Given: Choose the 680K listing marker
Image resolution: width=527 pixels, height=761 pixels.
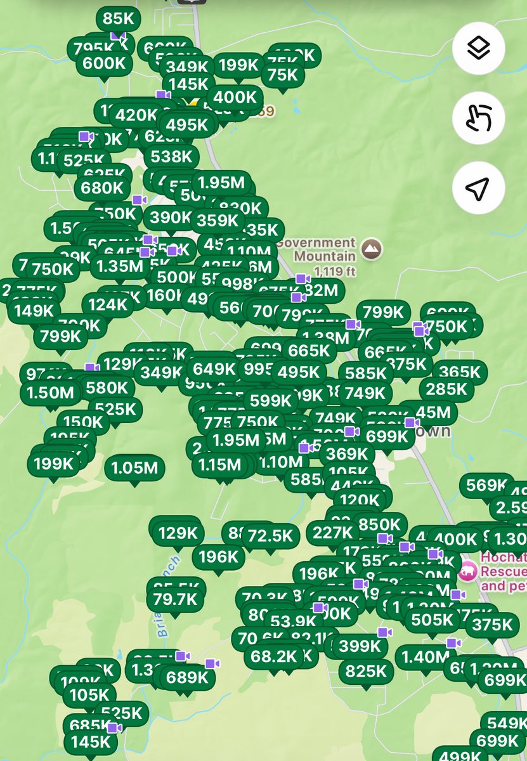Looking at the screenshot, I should coord(102,188).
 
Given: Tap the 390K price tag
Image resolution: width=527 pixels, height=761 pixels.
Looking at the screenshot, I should coord(169,218).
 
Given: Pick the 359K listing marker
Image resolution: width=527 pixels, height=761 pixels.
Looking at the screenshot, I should coord(217,220).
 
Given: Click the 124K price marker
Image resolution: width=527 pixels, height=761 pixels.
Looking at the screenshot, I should coord(108,304).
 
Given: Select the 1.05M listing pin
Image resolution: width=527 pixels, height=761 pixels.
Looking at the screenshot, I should coord(134,468).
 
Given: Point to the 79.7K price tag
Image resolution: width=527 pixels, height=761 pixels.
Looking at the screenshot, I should coord(174,599).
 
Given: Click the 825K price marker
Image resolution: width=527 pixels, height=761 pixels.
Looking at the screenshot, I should coord(365,670).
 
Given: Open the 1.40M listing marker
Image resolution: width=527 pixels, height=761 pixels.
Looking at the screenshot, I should coord(425,658).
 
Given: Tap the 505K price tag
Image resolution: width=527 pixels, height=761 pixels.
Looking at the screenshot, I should coord(431,619).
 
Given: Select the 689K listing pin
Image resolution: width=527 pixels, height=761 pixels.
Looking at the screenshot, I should coord(187,677).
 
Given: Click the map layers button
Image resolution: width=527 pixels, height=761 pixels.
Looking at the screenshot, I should coord(479,48).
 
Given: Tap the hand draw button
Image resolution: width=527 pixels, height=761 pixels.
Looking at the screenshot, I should coord(479,118).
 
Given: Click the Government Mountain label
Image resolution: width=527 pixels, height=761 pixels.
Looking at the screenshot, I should coord(325,249).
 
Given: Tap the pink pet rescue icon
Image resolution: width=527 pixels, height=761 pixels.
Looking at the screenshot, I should coord(468,571).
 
